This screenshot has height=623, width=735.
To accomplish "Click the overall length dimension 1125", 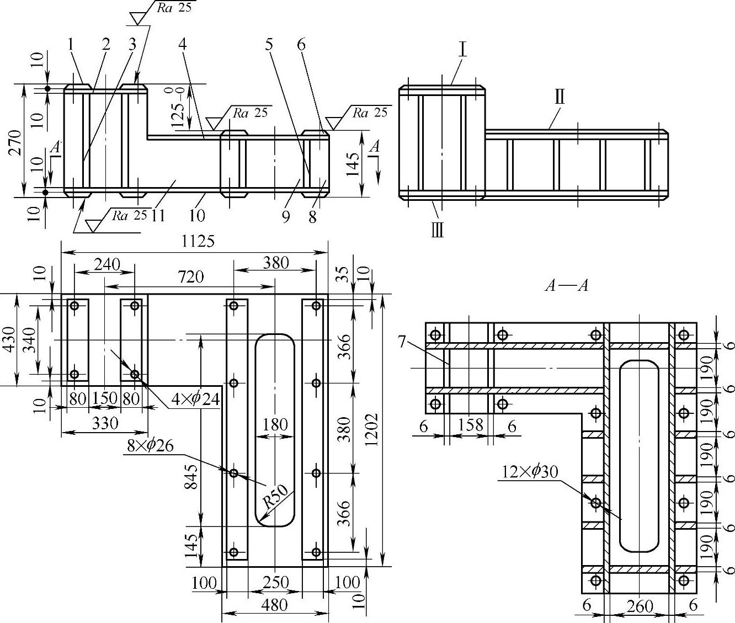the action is (198, 242).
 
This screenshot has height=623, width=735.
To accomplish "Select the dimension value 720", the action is (191, 277).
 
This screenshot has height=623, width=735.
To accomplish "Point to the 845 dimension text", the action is (191, 477).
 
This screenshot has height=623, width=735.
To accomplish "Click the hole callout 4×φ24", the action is (195, 400).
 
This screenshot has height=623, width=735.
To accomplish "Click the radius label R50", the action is (275, 497).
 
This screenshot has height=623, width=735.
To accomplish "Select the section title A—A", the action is (567, 285).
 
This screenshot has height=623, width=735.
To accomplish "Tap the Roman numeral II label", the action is (560, 97).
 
